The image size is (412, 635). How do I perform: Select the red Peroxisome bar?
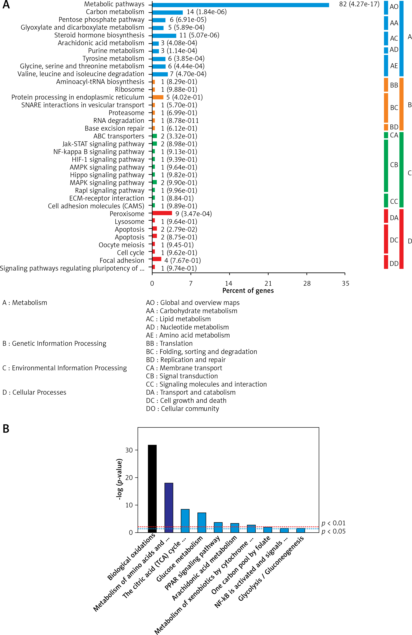pos(162,213)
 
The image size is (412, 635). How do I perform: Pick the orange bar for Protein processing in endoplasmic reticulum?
pos(158,97)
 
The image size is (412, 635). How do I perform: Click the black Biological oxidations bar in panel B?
pos(152,488)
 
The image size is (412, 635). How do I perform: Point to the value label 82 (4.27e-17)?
pos(359,4)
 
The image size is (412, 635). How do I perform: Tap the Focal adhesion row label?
pos(122,260)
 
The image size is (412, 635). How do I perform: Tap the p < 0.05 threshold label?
pos(333,531)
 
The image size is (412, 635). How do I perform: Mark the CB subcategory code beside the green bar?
pos(394,165)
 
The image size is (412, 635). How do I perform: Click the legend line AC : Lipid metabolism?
pos(178,319)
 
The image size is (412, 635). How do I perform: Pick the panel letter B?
pos(6,429)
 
